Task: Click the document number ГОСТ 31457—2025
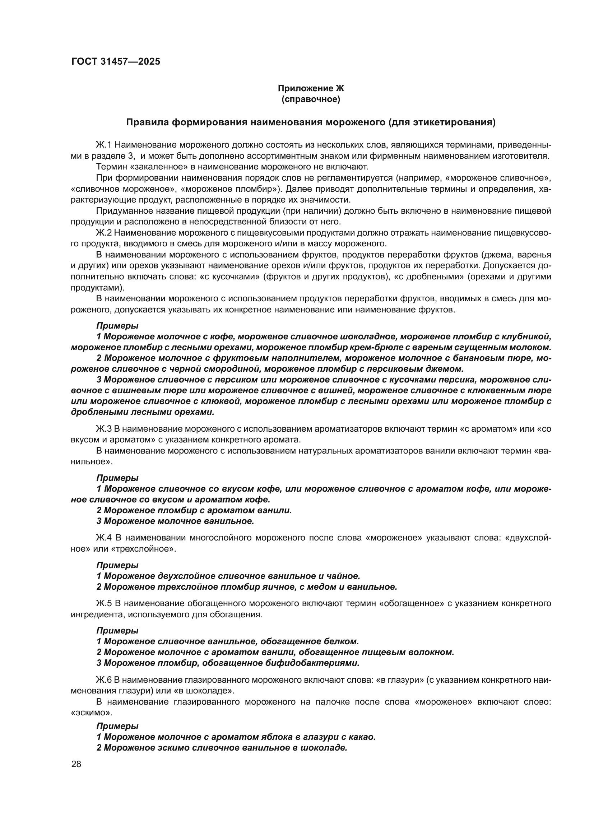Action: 116,61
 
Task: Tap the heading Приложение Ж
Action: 311,88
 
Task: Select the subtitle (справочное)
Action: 311,99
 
